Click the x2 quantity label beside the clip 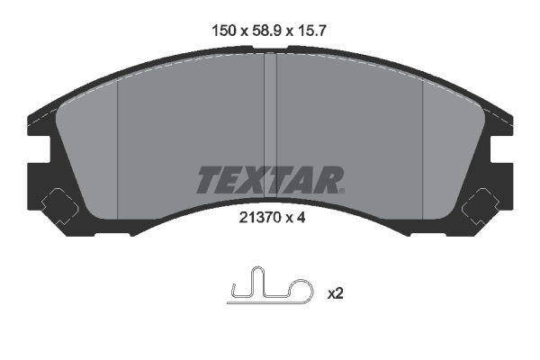pyautogui.click(x=336, y=293)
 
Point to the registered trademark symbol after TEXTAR pyautogui.click(x=341, y=190)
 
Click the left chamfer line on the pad pyautogui.click(x=119, y=135)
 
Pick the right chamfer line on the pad pyautogui.click(x=421, y=135)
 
